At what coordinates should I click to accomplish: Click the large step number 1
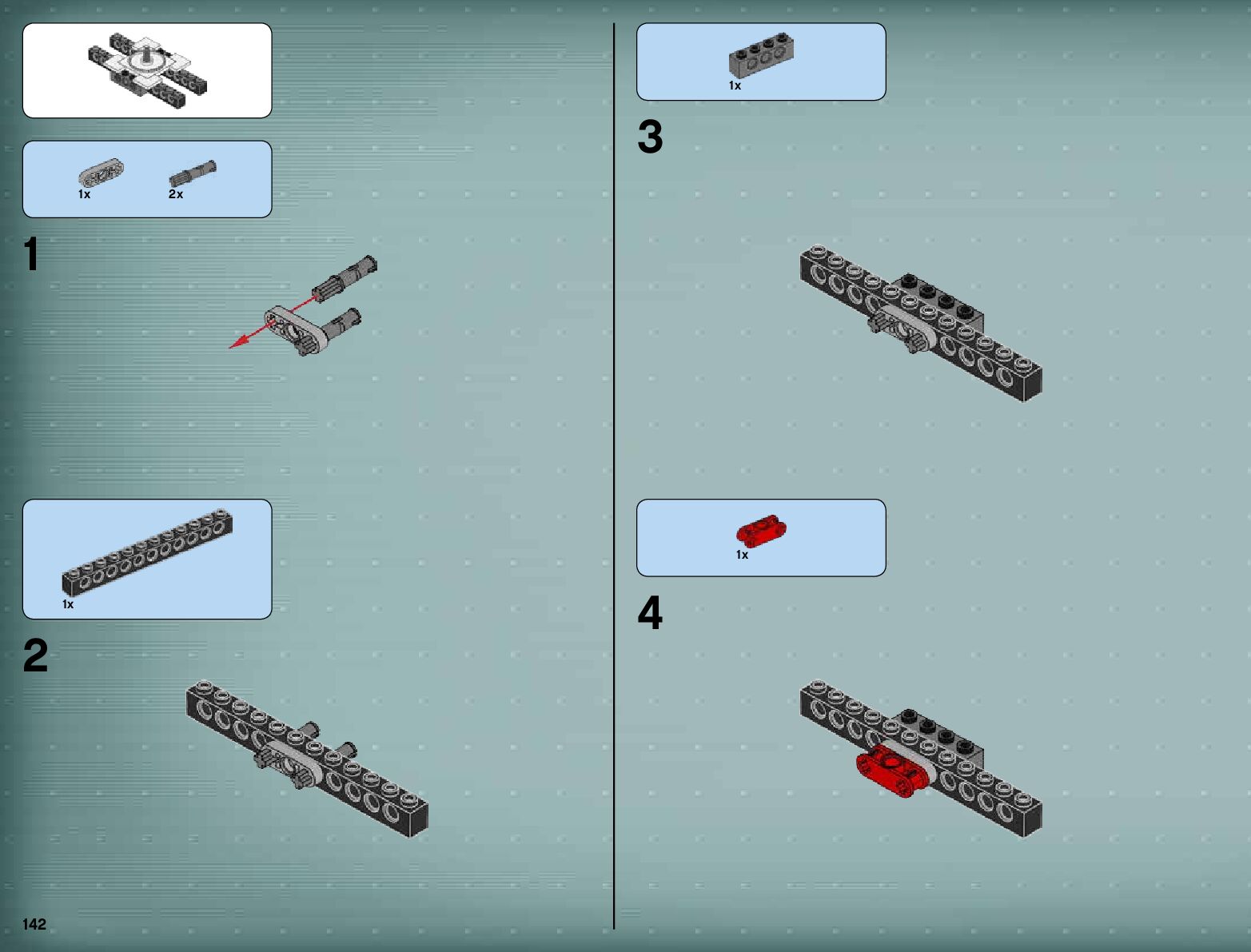[x=31, y=254]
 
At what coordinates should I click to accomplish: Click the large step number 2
[x=35, y=655]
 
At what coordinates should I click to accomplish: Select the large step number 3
[x=650, y=137]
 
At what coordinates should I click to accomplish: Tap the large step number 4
[x=650, y=613]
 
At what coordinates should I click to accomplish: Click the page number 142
[x=34, y=924]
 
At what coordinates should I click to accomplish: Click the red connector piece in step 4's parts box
[x=761, y=531]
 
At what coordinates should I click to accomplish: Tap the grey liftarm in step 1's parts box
[x=101, y=173]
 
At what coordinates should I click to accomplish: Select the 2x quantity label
[x=176, y=194]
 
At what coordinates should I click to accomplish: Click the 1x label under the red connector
[x=742, y=555]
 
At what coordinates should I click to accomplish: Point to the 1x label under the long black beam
[x=68, y=604]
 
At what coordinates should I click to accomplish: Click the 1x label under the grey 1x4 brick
[x=735, y=86]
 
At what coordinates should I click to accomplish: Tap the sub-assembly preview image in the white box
[x=147, y=70]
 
